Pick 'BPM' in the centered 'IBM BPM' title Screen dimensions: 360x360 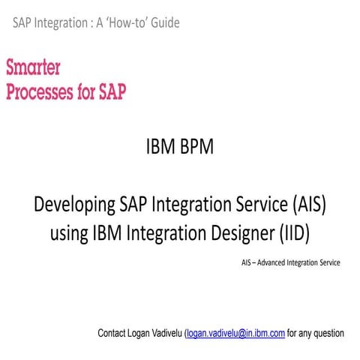(196, 147)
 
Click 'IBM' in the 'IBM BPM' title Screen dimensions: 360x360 (160, 147)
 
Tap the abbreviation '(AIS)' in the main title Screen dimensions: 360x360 (301, 205)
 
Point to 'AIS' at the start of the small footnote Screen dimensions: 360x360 (247, 263)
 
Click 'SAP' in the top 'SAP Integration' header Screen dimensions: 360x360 (22, 22)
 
